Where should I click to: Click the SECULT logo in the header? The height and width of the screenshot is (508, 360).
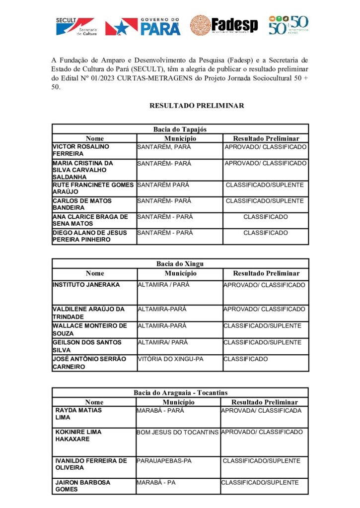tap(75, 26)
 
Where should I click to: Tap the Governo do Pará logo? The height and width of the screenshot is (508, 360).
tap(143, 26)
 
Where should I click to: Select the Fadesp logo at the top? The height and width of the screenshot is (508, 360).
tap(224, 25)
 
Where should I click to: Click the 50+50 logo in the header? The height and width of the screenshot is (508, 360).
tap(288, 25)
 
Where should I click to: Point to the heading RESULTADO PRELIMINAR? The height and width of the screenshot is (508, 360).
tap(197, 106)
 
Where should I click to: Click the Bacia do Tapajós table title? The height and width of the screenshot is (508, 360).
tap(180, 129)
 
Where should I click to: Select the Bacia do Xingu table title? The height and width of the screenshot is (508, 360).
tap(180, 264)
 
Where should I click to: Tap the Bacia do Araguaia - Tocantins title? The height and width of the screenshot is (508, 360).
tap(180, 393)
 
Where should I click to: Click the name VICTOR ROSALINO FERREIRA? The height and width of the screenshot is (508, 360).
tap(81, 150)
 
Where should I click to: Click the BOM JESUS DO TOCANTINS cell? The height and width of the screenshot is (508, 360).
tap(177, 433)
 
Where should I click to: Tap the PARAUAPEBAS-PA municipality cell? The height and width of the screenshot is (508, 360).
tap(164, 461)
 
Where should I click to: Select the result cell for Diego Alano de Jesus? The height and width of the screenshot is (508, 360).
tap(265, 233)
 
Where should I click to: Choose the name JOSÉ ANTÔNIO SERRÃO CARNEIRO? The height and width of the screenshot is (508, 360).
tap(89, 363)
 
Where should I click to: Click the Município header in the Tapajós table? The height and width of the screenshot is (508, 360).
tap(180, 138)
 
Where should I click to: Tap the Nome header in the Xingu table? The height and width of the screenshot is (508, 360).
tap(94, 273)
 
